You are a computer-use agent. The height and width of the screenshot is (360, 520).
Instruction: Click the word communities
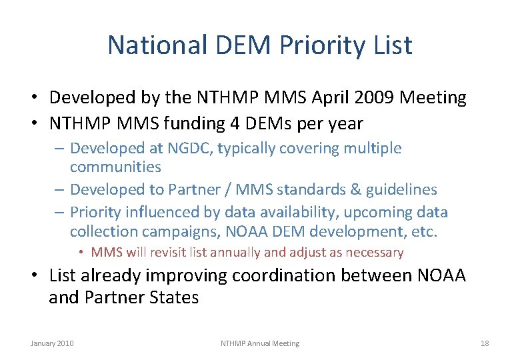(115, 167)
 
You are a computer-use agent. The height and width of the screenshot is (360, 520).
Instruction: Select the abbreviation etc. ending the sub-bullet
(424, 232)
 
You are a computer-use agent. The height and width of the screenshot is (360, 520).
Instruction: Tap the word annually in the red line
(268, 253)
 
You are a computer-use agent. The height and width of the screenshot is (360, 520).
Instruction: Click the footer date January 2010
(52, 343)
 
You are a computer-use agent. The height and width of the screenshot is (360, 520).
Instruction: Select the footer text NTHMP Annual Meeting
(260, 343)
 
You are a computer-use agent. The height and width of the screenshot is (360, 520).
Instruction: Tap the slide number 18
(485, 343)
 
